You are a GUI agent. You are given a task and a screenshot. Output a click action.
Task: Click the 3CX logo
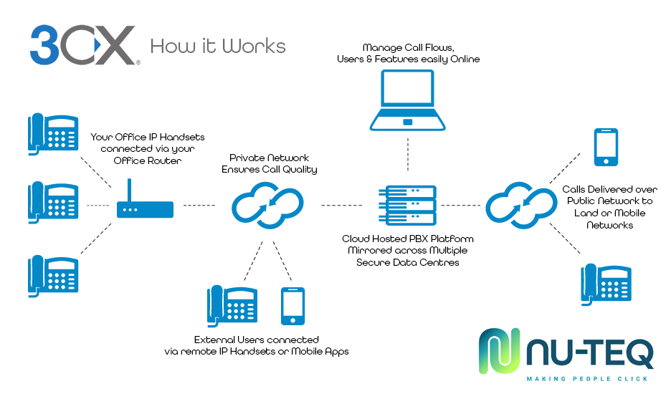[x=82, y=46]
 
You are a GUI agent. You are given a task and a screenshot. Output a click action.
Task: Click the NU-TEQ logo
[x=566, y=353]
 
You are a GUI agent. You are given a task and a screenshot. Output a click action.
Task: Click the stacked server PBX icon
[x=408, y=203]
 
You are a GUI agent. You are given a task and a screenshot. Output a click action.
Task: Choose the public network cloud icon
[x=522, y=206]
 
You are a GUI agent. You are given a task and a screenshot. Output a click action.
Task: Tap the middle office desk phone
[x=53, y=202]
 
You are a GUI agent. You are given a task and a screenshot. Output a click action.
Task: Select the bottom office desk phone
[x=53, y=274]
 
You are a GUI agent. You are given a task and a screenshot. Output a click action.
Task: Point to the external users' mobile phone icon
[x=292, y=306]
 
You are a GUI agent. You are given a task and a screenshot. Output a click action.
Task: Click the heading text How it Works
[x=218, y=47]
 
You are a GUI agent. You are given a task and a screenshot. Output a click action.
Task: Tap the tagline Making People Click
[x=587, y=378]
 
